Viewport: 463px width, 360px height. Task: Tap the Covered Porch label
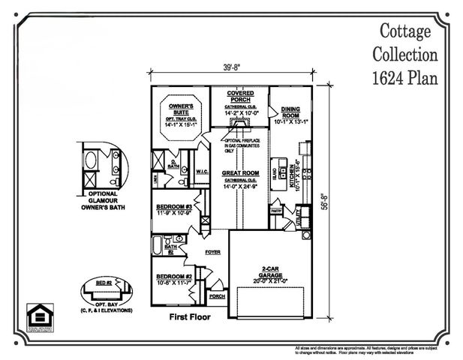pyautogui.click(x=240, y=96)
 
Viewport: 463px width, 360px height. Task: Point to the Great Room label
pyautogui.click(x=240, y=173)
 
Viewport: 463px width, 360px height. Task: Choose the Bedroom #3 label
pyautogui.click(x=174, y=206)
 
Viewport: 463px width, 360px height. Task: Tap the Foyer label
pyautogui.click(x=213, y=253)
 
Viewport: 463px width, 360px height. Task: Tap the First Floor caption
pyautogui.click(x=190, y=316)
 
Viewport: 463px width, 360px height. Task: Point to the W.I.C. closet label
pyautogui.click(x=202, y=172)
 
